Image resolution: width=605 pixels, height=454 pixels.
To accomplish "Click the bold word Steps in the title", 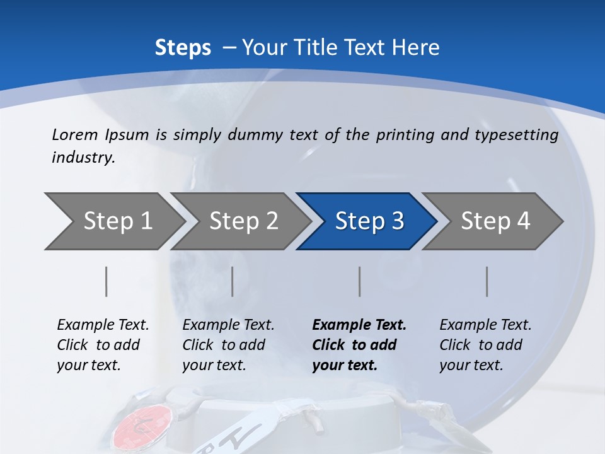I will coord(183,48).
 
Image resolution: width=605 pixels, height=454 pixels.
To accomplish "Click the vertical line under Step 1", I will coord(107,281).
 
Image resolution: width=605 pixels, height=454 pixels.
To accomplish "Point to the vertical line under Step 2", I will coord(233,281).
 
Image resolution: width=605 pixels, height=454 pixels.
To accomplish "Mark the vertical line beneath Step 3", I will coord(360,281).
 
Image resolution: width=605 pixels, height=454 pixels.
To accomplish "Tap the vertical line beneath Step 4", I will coord(487,281).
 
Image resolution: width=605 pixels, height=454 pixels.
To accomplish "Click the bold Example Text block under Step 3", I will coord(359,345).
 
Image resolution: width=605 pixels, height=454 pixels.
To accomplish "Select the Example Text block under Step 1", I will coord(103,345).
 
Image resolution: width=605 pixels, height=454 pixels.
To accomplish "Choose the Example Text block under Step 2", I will coord(228,345).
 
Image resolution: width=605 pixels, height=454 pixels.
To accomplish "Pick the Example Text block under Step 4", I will coord(485,345).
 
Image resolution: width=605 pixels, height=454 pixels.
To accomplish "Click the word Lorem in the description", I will coord(75,134).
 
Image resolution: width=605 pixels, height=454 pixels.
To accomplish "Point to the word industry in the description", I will coord(83,158).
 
